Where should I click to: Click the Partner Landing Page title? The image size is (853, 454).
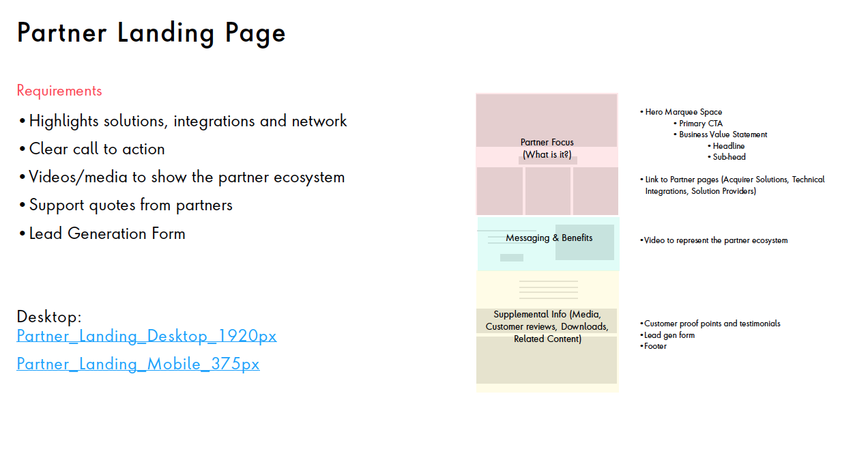(x=151, y=33)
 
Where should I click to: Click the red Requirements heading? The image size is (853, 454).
(x=59, y=91)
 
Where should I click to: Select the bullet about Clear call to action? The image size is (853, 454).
(x=96, y=149)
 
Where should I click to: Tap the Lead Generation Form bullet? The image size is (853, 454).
(x=107, y=233)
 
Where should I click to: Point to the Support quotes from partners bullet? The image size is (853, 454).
(x=130, y=205)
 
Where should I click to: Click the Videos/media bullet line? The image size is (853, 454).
(x=186, y=177)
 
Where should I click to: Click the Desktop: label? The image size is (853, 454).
(x=49, y=317)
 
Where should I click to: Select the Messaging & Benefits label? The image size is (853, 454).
(x=549, y=238)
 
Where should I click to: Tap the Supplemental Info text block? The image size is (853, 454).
(x=547, y=326)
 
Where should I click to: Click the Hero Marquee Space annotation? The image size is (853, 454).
(x=683, y=112)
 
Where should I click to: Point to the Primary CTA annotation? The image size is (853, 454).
(x=701, y=124)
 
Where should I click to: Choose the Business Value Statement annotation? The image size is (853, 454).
(x=723, y=134)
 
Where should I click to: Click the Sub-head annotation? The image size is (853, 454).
(x=729, y=157)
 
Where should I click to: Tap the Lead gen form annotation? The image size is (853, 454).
(x=669, y=335)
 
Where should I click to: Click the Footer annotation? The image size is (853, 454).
(x=655, y=346)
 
